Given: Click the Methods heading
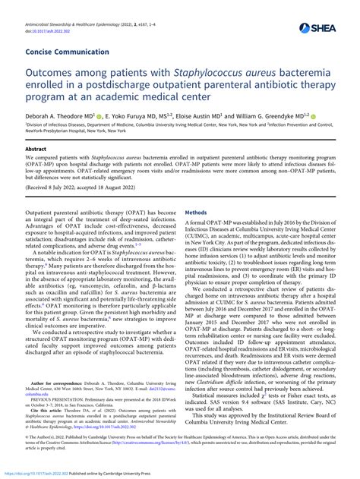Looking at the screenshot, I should coord(196,213).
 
